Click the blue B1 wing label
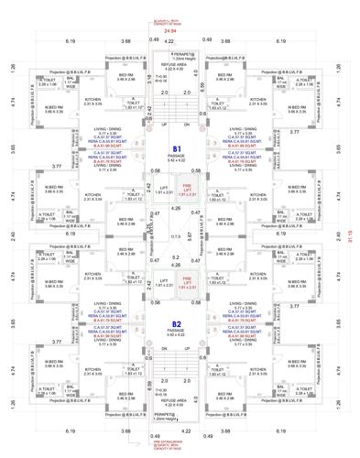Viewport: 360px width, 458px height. click(x=179, y=147)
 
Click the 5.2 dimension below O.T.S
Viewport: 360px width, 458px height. click(x=179, y=257)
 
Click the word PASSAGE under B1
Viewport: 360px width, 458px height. click(x=179, y=156)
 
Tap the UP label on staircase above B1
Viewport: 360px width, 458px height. click(x=163, y=122)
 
